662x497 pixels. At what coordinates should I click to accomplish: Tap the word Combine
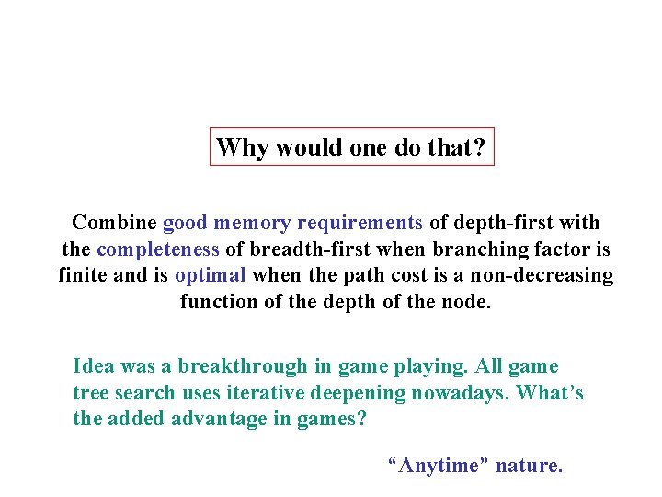[113, 223]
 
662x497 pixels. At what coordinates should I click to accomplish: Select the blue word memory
[248, 223]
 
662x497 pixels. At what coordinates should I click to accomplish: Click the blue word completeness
[158, 249]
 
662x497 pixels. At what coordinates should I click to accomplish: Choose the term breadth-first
[295, 249]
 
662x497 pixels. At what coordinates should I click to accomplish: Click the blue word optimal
[211, 275]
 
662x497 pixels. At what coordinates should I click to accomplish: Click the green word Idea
[94, 366]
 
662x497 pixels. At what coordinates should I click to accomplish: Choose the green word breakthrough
[243, 366]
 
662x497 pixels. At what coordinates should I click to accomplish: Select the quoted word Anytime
[439, 466]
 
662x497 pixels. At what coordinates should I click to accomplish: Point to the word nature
[529, 466]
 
